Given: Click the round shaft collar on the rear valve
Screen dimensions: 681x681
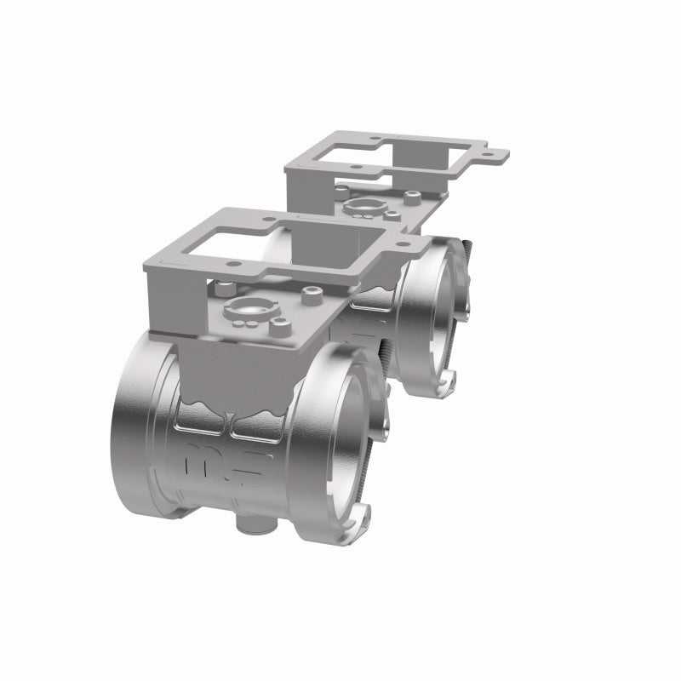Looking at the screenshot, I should pyautogui.click(x=365, y=205).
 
